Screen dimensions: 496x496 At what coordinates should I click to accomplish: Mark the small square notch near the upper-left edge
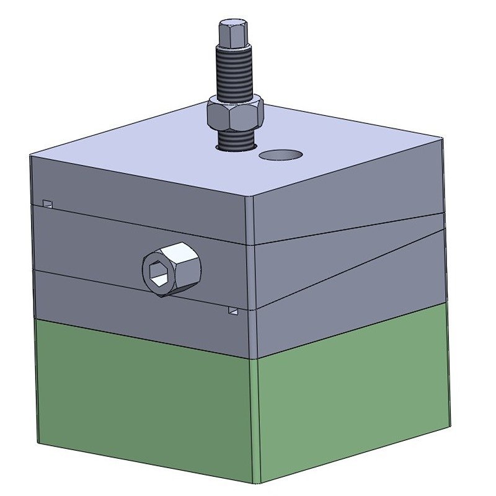pyautogui.click(x=47, y=203)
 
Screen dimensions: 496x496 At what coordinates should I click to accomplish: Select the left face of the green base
pyautogui.click(x=143, y=403)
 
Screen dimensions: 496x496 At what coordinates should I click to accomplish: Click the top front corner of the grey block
pyautogui.click(x=249, y=197)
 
